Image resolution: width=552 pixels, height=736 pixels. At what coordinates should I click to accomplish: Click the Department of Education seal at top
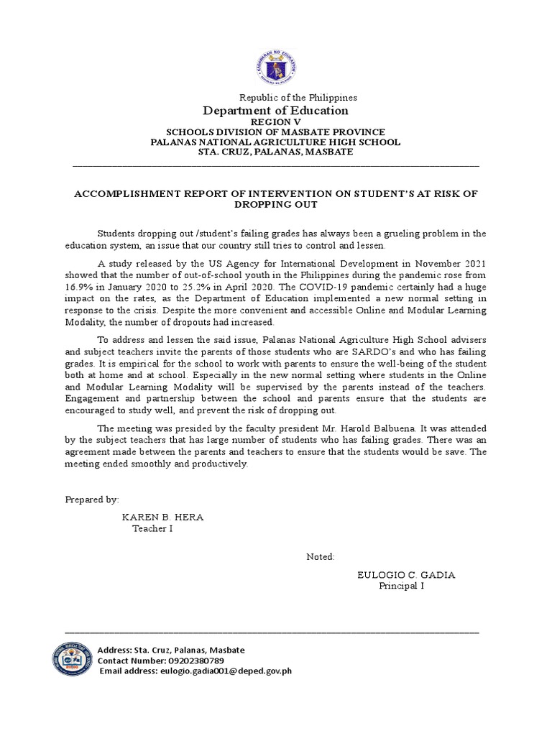[276, 69]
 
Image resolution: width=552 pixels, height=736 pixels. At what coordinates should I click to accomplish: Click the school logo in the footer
[73, 660]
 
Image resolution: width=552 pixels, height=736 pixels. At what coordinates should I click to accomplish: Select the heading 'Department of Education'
[276, 111]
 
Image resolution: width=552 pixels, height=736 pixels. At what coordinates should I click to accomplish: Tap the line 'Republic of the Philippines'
[298, 97]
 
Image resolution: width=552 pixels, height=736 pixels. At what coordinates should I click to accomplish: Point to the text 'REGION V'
[276, 123]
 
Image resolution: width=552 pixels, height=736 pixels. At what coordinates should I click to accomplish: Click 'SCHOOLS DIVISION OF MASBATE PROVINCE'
[276, 132]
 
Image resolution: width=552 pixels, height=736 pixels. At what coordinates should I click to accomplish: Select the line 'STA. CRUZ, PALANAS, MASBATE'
[276, 152]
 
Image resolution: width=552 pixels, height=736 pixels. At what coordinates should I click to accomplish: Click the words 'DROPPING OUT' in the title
[276, 205]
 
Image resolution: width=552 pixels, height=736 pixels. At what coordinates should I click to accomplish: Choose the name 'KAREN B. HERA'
[157, 517]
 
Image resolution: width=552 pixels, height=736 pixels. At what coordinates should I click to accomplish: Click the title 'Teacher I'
[152, 529]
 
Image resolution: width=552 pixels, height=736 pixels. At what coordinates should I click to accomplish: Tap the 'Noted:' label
[321, 556]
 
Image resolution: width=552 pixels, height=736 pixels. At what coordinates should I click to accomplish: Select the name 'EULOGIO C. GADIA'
[406, 574]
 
